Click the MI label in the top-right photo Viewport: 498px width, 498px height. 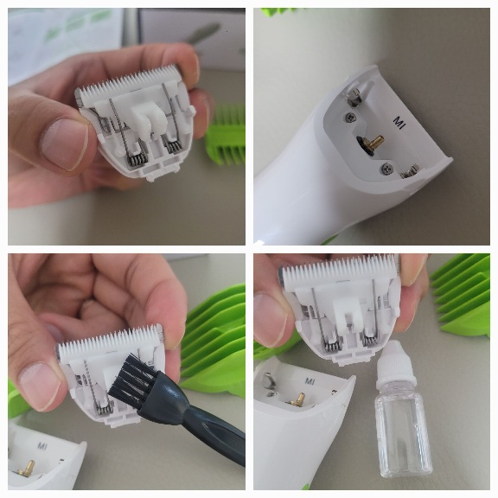click(399, 123)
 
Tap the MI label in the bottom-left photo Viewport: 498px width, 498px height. click(42, 446)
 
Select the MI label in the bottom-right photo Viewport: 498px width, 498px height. click(310, 381)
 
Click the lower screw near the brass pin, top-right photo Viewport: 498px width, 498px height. click(386, 168)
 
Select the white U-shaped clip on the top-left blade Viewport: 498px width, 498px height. click(148, 119)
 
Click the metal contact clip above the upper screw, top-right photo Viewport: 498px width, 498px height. click(354, 96)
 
